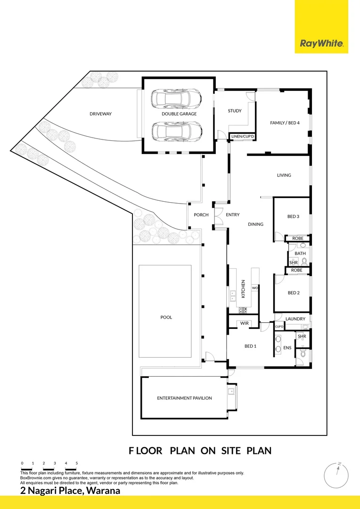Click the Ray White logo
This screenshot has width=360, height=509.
tap(321, 44)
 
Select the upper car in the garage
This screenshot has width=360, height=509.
tap(176, 99)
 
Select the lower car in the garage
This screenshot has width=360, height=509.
tap(176, 131)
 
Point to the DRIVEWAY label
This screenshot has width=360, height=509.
tap(100, 114)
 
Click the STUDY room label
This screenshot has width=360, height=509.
tap(235, 111)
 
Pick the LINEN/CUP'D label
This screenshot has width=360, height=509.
tap(243, 137)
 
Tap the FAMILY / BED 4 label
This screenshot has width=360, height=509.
tap(285, 123)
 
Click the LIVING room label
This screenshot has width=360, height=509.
tap(284, 175)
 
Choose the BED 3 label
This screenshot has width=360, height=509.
tap(293, 217)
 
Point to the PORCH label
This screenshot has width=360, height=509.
tap(201, 215)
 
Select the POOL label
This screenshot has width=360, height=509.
tap(166, 318)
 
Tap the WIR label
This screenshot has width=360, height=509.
tap(244, 324)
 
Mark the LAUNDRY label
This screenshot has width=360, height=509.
tap(295, 319)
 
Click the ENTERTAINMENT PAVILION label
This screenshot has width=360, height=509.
tap(184, 398)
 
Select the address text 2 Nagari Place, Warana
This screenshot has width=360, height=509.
tap(70, 491)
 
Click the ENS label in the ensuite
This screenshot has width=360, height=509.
tap(287, 348)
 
